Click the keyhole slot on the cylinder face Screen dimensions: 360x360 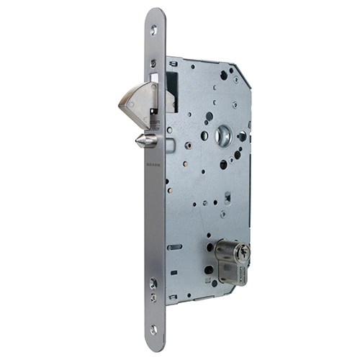pyautogui.click(x=246, y=251)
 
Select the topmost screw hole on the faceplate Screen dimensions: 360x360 pyautogui.click(x=153, y=30)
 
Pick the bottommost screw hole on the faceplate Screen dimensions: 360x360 pyautogui.click(x=153, y=329)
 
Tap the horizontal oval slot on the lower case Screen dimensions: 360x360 pyautogui.click(x=175, y=247)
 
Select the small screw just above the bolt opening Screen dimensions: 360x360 pyautogui.click(x=153, y=63)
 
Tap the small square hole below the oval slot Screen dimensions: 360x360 pyautogui.click(x=174, y=273)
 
